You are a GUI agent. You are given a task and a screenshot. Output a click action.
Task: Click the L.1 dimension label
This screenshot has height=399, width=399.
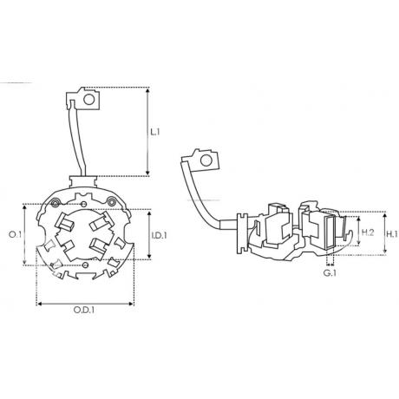pos(154,132)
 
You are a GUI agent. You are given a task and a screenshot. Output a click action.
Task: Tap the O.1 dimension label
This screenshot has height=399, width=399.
pos(15,234)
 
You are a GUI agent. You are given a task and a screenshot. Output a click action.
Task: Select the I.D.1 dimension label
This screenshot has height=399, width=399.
pos(160,235)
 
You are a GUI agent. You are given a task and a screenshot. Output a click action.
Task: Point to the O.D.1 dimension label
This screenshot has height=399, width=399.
pos(84,311)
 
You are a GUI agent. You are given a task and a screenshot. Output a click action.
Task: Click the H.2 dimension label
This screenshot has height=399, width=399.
pos(368,232)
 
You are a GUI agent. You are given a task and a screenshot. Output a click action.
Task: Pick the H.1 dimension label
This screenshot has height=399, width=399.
pos(392,234)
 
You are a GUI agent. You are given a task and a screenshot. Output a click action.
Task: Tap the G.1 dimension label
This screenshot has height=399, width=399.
pos(330,273)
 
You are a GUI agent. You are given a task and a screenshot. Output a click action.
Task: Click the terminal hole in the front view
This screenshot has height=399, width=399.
pos(89,100)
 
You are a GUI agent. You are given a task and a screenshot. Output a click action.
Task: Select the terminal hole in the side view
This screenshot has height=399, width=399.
pos(206,160)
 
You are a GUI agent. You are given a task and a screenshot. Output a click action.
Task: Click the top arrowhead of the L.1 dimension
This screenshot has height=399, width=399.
pos(147,90)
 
